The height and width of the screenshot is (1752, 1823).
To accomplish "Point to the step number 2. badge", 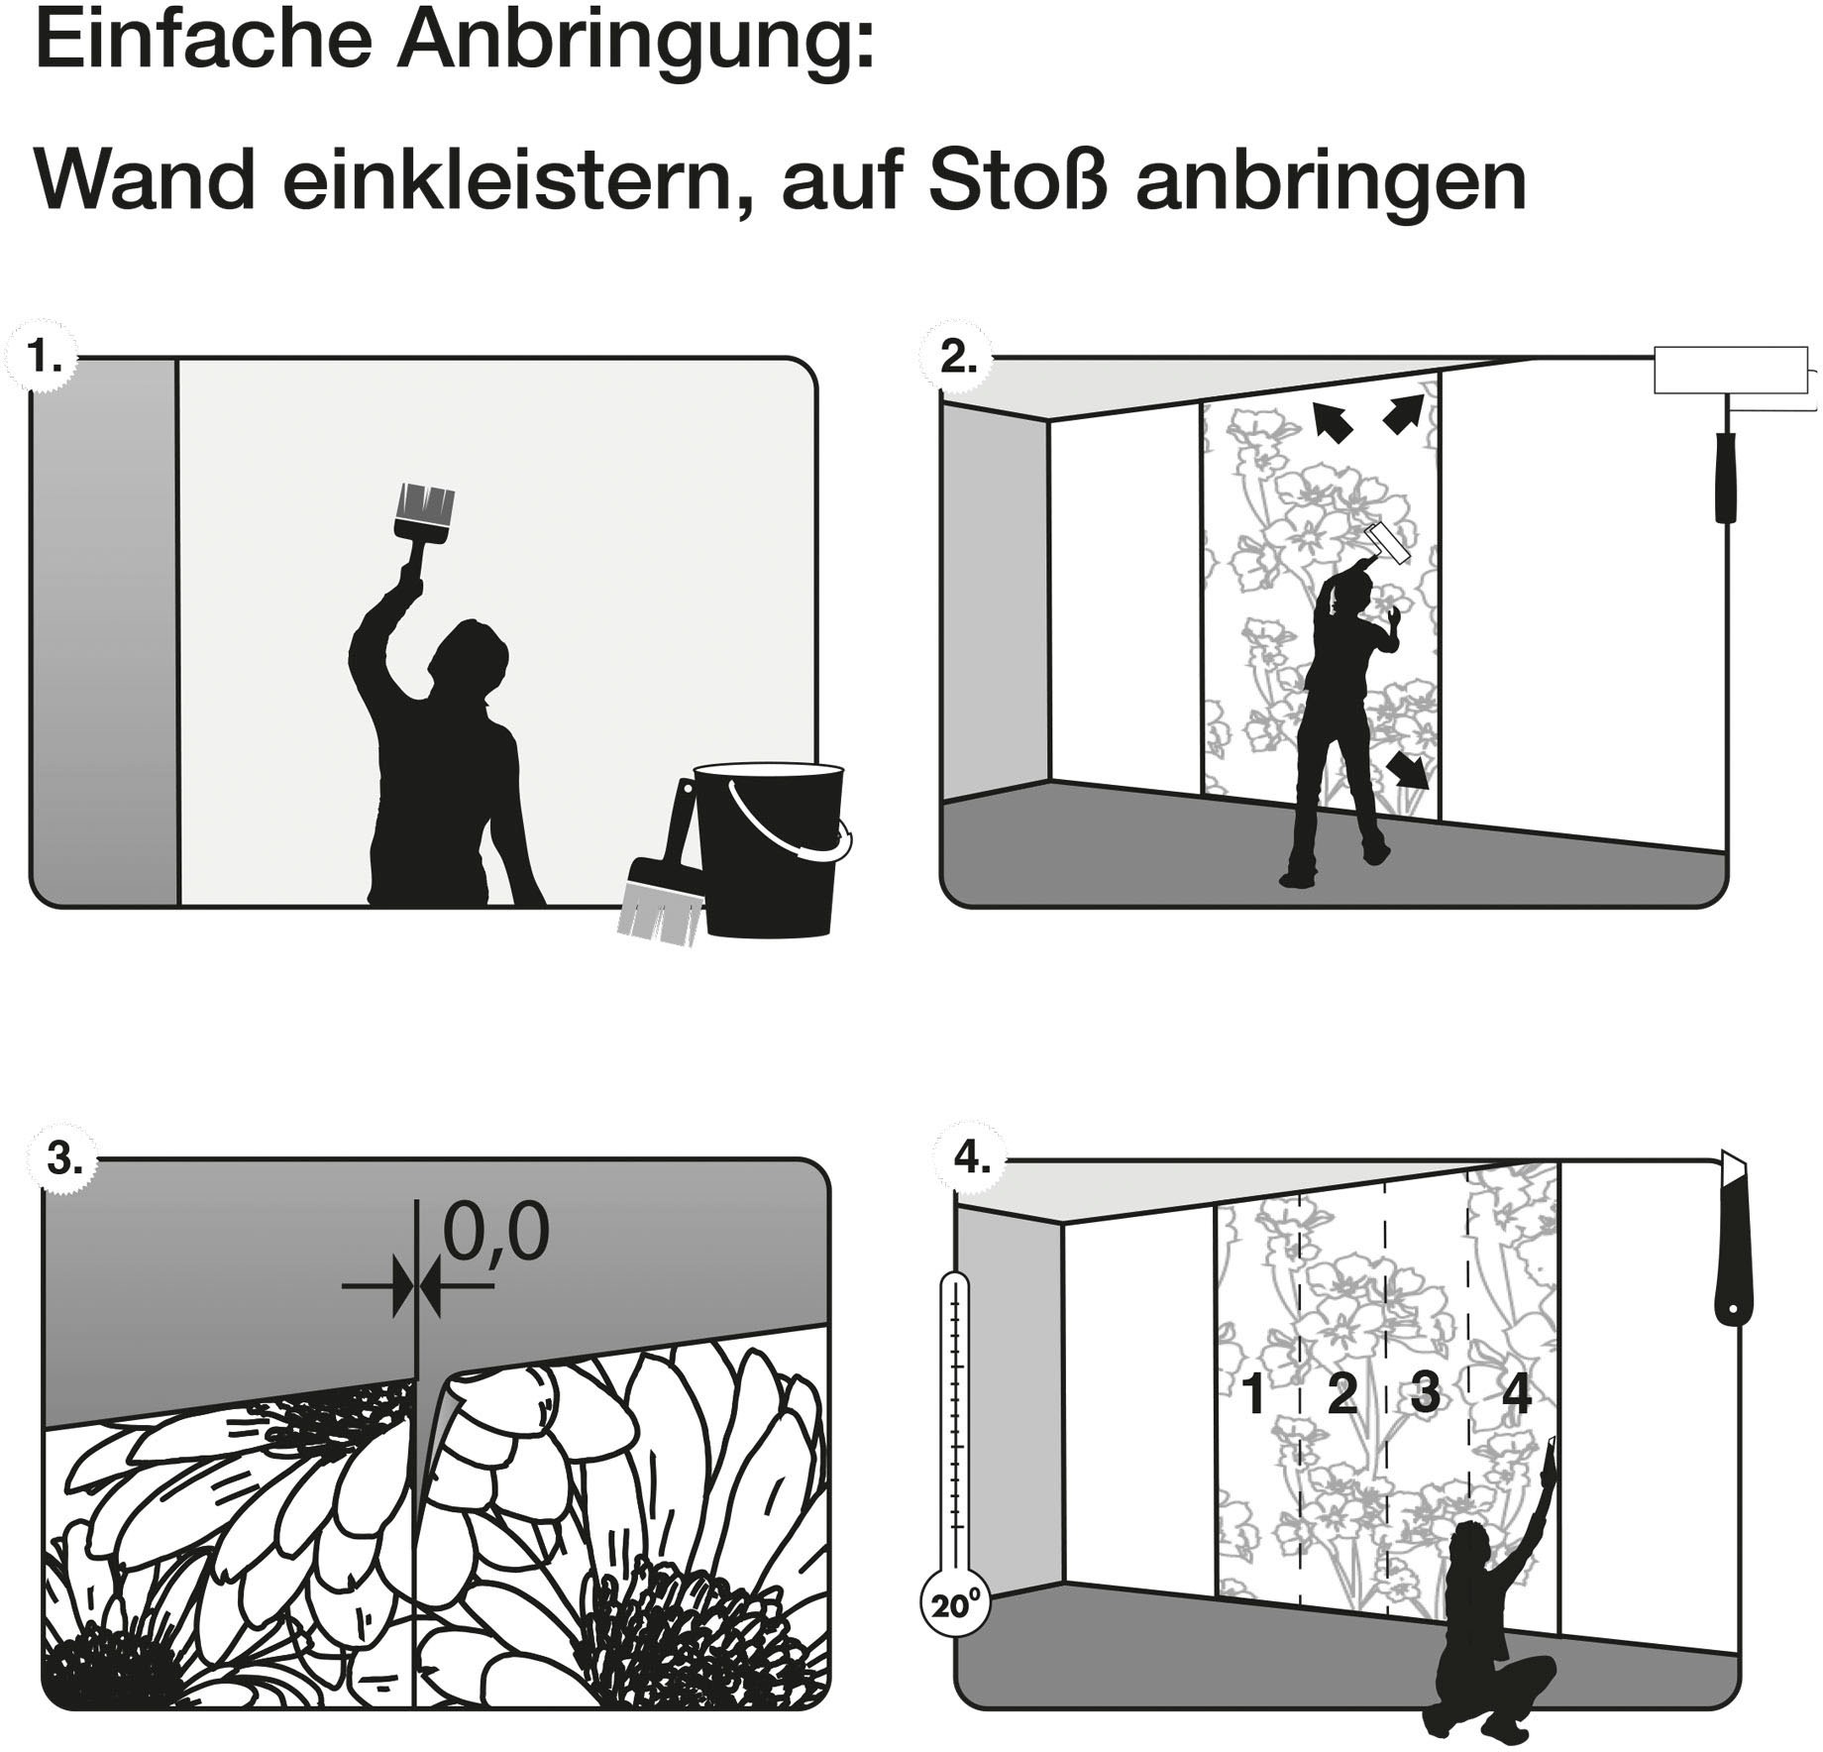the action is (958, 357).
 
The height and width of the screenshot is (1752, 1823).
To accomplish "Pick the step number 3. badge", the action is (62, 1157).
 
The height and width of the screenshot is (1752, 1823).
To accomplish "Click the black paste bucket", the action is (772, 848).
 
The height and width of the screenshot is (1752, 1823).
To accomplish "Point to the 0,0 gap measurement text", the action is (495, 1233).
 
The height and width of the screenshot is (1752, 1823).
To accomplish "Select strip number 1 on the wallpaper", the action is (1253, 1395).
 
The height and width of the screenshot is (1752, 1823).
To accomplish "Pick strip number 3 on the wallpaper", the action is (1425, 1395).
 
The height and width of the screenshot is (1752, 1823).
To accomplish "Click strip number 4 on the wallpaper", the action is (1516, 1395).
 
